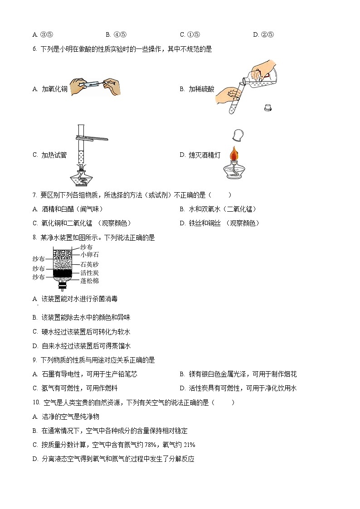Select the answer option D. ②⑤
263,34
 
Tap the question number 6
34,49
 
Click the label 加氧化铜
54,89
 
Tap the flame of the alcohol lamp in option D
234,153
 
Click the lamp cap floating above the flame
237,135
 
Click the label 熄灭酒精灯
204,155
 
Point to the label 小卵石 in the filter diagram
89,255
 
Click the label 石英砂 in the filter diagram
89,264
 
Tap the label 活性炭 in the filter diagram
89,273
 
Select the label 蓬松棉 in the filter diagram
89,281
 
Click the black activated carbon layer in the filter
63,273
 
